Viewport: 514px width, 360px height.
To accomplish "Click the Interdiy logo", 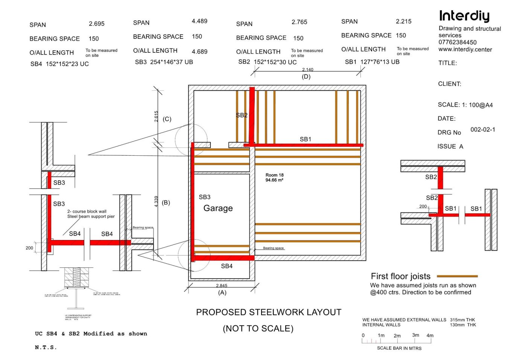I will pos(464,16).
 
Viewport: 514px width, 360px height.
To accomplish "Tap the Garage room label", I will pos(218,208).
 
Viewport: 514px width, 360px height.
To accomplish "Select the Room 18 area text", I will pos(274,178).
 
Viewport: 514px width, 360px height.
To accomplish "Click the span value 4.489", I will pos(199,21).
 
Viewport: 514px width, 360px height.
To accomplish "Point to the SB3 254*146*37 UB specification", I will pos(164,62).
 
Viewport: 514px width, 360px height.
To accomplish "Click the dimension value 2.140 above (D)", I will pos(307,70).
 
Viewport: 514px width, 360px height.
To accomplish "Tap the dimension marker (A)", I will pos(222,292).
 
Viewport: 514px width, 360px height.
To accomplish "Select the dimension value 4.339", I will pos(156,201).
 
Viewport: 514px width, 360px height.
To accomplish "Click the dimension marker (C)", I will pos(167,119).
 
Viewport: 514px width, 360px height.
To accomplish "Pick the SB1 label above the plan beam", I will pos(305,139).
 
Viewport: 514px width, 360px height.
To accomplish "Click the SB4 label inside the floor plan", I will pos(227,266).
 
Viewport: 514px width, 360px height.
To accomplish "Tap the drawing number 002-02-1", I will pos(483,130).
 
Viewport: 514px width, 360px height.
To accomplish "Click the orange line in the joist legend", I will pos(457,276).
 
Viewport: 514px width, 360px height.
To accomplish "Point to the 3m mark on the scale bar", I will pos(415,335).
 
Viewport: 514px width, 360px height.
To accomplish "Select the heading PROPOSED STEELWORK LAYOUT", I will pos(269,312).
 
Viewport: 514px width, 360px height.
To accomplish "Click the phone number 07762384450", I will pos(458,42).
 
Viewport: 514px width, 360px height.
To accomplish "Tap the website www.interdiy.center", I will pos(465,49).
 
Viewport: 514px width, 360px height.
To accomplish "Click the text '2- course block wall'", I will pos(87,211).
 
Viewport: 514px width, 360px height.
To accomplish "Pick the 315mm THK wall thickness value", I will pos(462,320).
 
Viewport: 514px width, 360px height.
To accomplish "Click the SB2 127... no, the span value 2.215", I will pos(403,21).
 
